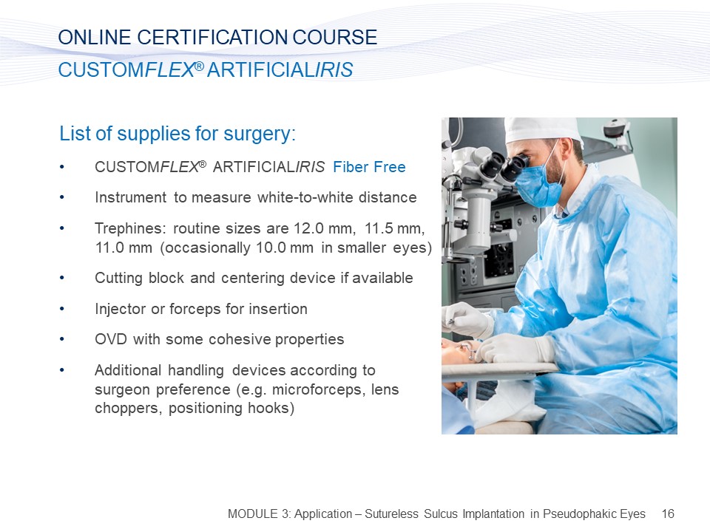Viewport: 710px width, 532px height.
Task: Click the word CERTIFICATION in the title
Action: coord(212,37)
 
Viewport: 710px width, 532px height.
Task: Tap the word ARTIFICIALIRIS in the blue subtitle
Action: coord(280,70)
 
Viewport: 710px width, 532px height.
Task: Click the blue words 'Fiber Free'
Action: coord(369,167)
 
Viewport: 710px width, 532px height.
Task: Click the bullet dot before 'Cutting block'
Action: coord(62,279)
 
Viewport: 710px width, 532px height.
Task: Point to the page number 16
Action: coord(668,514)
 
